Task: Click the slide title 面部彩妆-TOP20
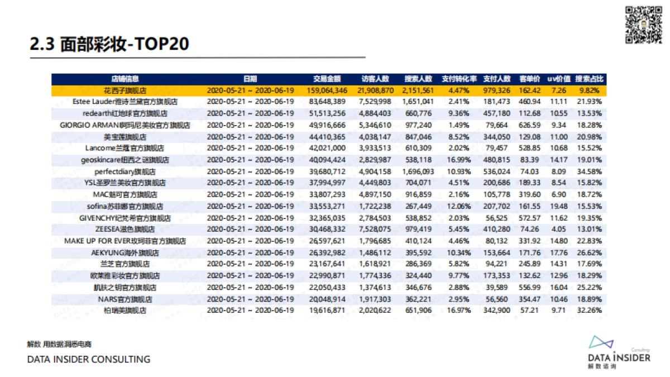click(109, 45)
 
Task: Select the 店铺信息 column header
click(125, 79)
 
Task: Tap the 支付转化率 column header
click(460, 79)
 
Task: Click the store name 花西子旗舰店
click(125, 90)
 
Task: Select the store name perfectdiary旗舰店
click(125, 171)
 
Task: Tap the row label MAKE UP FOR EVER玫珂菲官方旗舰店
click(125, 241)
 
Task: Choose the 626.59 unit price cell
click(529, 125)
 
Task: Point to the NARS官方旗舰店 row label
click(125, 299)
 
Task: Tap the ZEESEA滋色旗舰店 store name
click(125, 230)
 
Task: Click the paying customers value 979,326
click(497, 90)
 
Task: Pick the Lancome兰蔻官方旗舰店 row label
click(125, 148)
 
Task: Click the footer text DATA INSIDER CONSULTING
click(89, 359)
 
